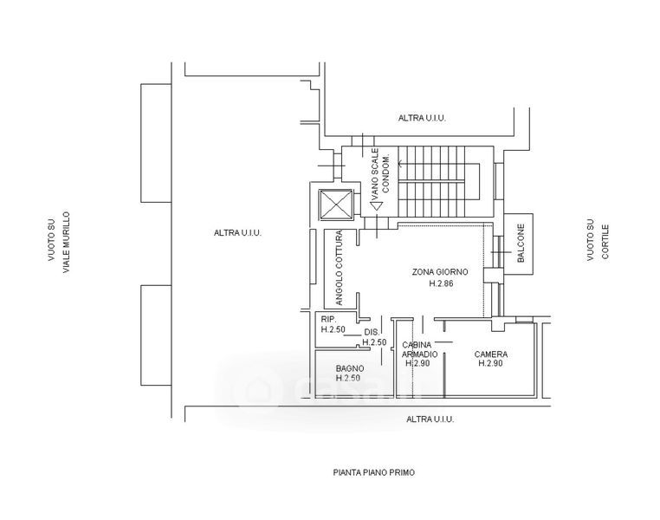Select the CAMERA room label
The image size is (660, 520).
pos(490,354)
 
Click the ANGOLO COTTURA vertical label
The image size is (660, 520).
pos(341,269)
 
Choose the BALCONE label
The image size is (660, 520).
pos(521,244)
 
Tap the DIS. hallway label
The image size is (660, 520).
pos(371,333)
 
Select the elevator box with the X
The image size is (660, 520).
pos(335,205)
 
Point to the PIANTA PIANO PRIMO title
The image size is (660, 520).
pos(374,473)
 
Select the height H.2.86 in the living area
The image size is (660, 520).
pos(442,283)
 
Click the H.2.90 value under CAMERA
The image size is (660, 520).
pos(490,364)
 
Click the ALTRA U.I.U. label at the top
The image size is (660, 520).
pos(422,118)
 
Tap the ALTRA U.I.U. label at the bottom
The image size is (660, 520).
pos(430,419)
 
